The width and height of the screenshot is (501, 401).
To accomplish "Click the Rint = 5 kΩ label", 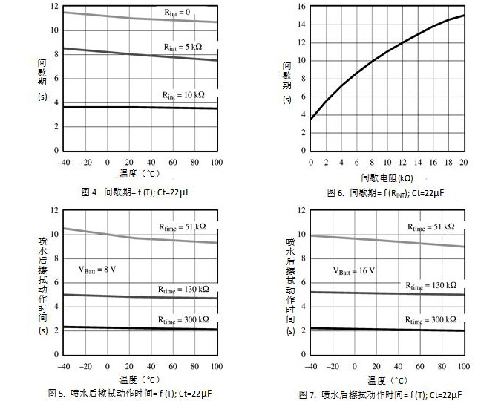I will tap(183, 46).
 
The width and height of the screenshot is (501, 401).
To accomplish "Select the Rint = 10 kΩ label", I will tap(183, 96).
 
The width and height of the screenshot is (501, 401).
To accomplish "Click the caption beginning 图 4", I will tap(139, 192).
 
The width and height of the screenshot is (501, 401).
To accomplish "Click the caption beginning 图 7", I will tap(381, 394).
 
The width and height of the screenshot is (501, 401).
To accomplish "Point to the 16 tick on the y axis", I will tap(301, 7).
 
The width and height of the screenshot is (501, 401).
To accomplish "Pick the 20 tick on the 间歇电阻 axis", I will tap(464, 162).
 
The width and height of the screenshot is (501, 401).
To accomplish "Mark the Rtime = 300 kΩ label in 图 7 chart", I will tap(430, 319).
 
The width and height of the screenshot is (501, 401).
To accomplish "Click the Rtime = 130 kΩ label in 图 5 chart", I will tap(183, 288).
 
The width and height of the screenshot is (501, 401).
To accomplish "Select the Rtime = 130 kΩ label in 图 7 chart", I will tap(430, 285).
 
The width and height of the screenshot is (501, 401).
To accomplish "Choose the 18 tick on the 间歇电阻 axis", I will tap(448, 162).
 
